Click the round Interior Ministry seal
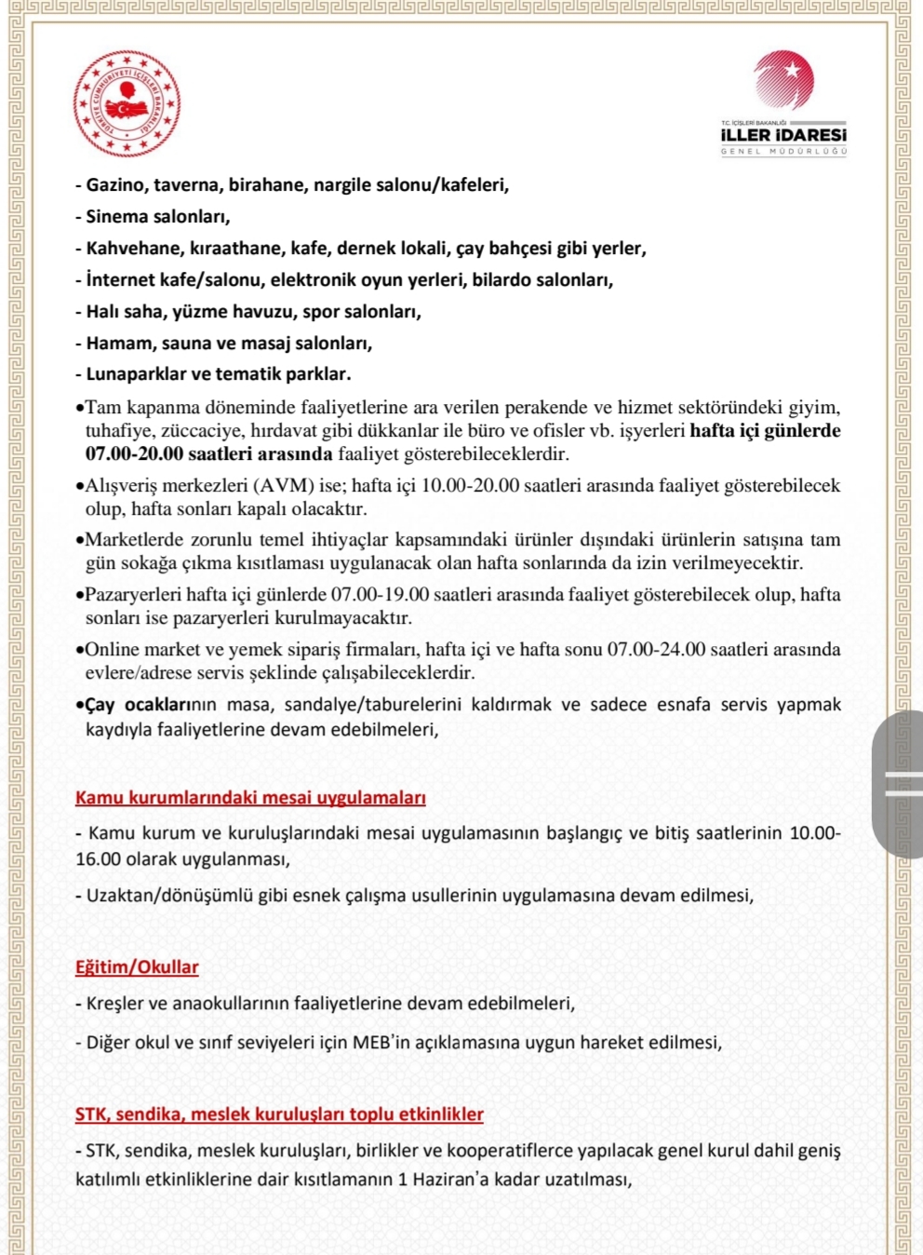coord(127,103)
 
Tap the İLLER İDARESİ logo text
coord(783,135)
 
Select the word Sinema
coord(116,216)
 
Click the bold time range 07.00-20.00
coord(134,454)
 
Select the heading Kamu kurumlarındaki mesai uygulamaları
coord(250,798)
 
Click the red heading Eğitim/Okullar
coord(137,966)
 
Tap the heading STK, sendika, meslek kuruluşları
coord(279,1113)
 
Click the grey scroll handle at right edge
coord(899,784)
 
